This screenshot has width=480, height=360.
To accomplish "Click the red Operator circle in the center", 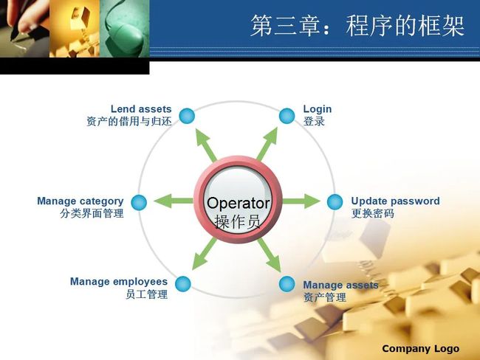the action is (x=238, y=200).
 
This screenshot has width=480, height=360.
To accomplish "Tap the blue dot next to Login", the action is (x=287, y=116).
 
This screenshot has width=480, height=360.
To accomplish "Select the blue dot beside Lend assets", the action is (x=187, y=116).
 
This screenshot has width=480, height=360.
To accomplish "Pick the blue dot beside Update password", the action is (x=335, y=202).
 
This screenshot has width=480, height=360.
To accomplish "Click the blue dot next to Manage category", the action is (x=139, y=202).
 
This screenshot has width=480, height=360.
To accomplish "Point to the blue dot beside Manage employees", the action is (x=183, y=284).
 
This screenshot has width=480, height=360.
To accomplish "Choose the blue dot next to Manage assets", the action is (x=287, y=284).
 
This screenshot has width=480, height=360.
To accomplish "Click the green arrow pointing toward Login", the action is (x=267, y=144).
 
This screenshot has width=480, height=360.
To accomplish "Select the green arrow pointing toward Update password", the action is (x=301, y=201).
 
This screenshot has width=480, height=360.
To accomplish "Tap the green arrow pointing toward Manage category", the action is (x=174, y=201).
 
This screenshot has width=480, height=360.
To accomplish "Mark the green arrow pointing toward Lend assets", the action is (x=206, y=145).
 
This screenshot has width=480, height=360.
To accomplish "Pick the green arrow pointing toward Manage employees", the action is (x=204, y=255).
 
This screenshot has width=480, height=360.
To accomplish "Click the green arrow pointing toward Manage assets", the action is (x=270, y=255).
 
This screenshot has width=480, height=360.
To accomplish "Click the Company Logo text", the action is (x=421, y=348).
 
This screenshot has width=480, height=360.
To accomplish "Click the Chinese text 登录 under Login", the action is (x=314, y=121).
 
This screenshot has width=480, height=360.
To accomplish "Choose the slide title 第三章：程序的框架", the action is (x=357, y=26).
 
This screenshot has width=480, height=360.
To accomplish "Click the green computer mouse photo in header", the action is (x=125, y=29).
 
